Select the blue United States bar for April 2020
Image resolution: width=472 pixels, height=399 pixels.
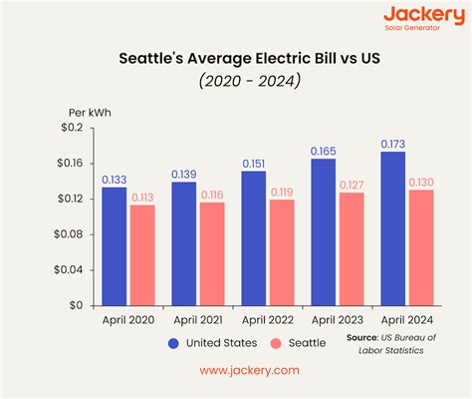pyautogui.click(x=115, y=245)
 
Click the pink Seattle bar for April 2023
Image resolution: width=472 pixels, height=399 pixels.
pyautogui.click(x=353, y=248)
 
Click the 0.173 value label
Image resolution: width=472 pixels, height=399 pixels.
pyautogui.click(x=393, y=144)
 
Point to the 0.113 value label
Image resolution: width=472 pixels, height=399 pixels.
pyautogui.click(x=143, y=197)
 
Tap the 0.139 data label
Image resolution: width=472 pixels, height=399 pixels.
pyautogui.click(x=184, y=174)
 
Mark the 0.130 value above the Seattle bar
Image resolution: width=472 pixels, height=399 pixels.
pyautogui.click(x=422, y=182)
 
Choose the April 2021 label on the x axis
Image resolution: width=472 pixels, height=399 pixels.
pyautogui.click(x=198, y=320)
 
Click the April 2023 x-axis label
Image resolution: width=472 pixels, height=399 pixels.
pyautogui.click(x=338, y=320)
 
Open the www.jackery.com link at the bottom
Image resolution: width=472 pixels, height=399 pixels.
pyautogui.click(x=235, y=369)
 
